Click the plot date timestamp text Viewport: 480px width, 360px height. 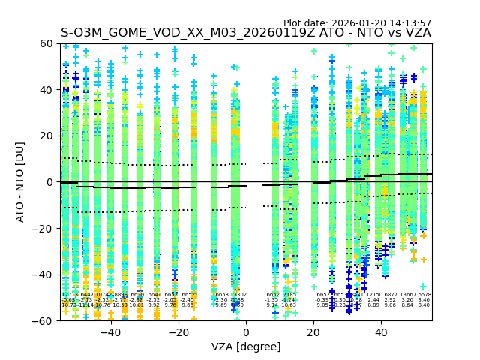357,23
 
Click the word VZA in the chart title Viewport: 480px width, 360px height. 416,33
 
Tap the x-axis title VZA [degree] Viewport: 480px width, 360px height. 246,346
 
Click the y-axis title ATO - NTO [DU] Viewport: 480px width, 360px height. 20,182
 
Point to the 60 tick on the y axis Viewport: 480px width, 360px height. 48,43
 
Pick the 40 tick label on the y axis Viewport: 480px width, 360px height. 48,90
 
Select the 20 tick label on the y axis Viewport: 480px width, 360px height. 48,136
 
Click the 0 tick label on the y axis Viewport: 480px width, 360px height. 51,182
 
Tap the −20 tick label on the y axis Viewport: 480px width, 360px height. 45,228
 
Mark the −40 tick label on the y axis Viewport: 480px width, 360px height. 45,274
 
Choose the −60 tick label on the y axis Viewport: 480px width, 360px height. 45,320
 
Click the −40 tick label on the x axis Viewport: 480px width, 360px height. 110,331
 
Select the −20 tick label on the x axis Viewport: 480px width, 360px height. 178,331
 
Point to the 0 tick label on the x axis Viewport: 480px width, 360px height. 246,331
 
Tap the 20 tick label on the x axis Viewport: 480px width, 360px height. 314,331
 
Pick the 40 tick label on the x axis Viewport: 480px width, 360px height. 382,331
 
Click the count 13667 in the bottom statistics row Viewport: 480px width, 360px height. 407,295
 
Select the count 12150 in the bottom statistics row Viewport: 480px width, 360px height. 373,295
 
